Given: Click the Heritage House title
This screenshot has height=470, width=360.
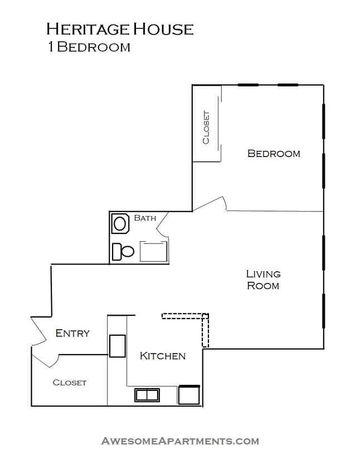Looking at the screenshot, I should pyautogui.click(x=120, y=29).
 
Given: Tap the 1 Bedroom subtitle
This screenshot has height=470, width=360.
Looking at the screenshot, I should pyautogui.click(x=89, y=47).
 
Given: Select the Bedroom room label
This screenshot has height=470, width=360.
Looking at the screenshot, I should pyautogui.click(x=274, y=154).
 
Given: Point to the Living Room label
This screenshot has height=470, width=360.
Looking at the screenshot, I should pyautogui.click(x=263, y=280).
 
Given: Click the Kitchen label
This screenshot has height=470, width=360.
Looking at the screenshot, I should pyautogui.click(x=162, y=356).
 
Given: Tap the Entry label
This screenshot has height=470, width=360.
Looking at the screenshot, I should pyautogui.click(x=72, y=334).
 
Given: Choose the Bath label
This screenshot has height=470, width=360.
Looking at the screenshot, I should pyautogui.click(x=145, y=218).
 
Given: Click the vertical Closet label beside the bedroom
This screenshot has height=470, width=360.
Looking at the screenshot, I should pyautogui.click(x=206, y=128).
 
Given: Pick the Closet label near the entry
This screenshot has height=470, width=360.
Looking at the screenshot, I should pyautogui.click(x=70, y=383).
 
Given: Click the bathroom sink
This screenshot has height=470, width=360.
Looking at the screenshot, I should pyautogui.click(x=120, y=224).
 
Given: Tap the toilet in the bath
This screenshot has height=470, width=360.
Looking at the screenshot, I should pyautogui.click(x=123, y=252).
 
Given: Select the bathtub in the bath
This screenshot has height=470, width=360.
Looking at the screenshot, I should pyautogui.click(x=154, y=251).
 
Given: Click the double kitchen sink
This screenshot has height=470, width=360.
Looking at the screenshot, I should pyautogui.click(x=147, y=395).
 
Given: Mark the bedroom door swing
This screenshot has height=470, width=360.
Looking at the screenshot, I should pyautogui.click(x=212, y=204).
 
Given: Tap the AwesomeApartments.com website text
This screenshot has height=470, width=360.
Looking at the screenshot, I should pyautogui.click(x=180, y=441).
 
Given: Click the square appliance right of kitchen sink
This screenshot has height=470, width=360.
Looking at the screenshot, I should pyautogui.click(x=188, y=394).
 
